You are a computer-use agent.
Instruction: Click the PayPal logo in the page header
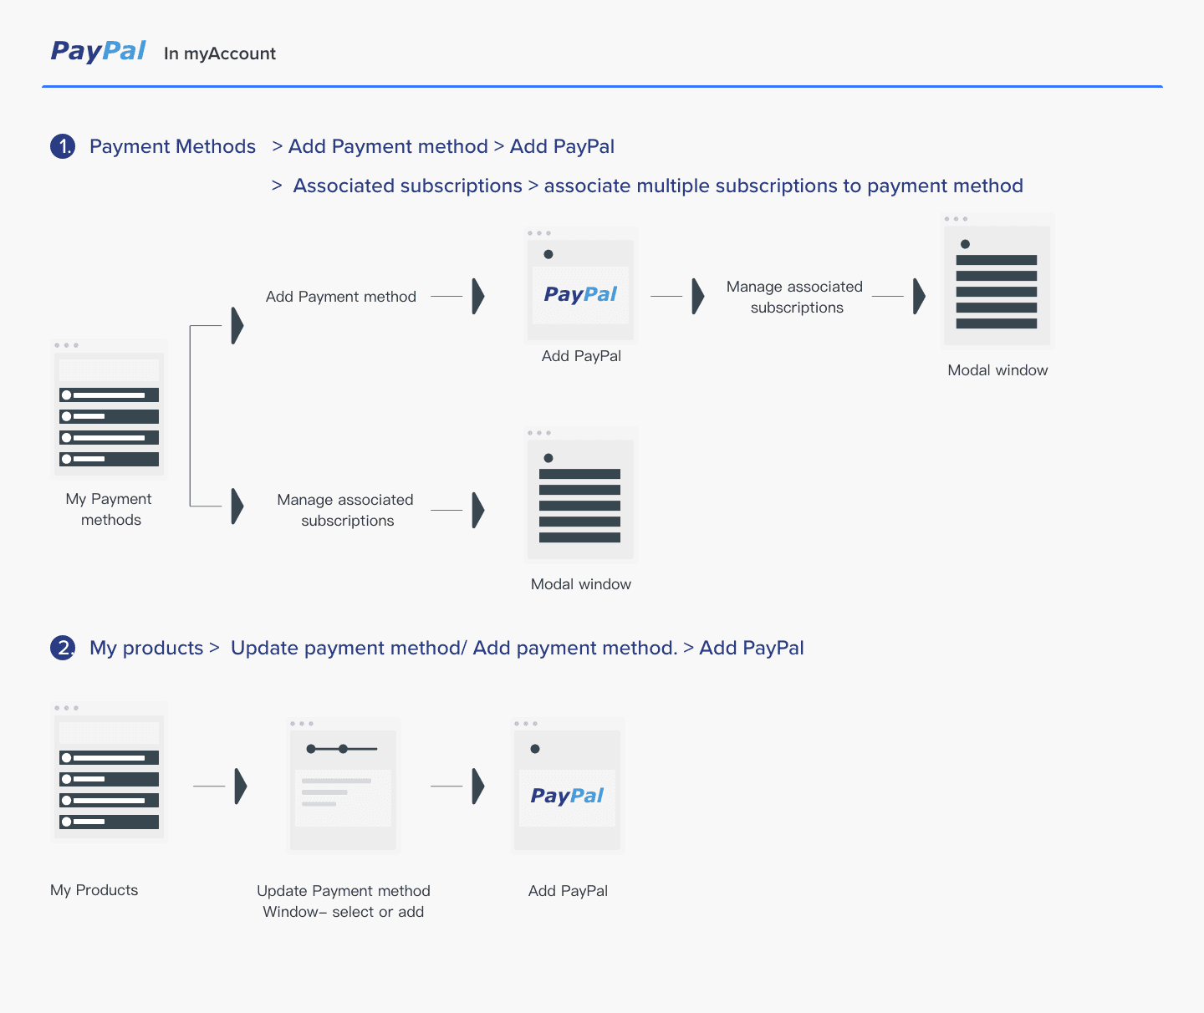98,51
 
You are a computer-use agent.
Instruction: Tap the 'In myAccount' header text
220,53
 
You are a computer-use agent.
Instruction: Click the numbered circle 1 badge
63,146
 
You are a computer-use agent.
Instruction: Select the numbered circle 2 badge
63,648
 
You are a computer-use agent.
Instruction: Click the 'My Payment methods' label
109,509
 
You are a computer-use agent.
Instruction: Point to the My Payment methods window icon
109,410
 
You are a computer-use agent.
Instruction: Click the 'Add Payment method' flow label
341,297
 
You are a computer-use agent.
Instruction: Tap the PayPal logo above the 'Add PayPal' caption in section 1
580,294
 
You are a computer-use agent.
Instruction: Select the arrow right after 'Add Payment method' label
477,297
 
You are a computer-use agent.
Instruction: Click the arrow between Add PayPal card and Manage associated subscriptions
698,297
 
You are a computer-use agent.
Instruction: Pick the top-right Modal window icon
997,283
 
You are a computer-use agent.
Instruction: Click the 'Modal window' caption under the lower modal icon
581,584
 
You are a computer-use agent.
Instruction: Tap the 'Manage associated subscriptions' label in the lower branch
345,510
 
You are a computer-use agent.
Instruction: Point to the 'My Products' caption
94,890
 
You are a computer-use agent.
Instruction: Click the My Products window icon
109,772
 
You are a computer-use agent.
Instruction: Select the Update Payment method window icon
343,786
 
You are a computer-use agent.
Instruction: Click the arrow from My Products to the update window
241,786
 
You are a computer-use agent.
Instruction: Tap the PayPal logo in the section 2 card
567,796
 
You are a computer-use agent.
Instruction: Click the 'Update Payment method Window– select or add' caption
344,901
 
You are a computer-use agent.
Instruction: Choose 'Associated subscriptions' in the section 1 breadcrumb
407,186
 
